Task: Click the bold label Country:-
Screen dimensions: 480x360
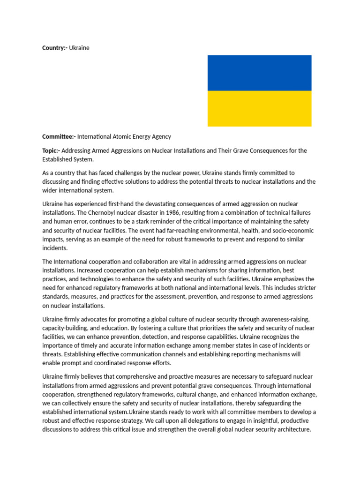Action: coord(55,48)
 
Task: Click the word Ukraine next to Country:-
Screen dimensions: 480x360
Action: coord(79,48)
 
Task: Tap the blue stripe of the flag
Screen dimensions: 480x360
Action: coord(259,73)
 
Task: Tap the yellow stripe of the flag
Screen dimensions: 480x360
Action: coord(259,108)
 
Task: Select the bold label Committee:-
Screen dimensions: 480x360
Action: coord(59,136)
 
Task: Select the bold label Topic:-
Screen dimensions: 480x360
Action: coord(51,150)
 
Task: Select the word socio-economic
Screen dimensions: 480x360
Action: coord(293,231)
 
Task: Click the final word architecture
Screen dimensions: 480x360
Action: coord(292,429)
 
